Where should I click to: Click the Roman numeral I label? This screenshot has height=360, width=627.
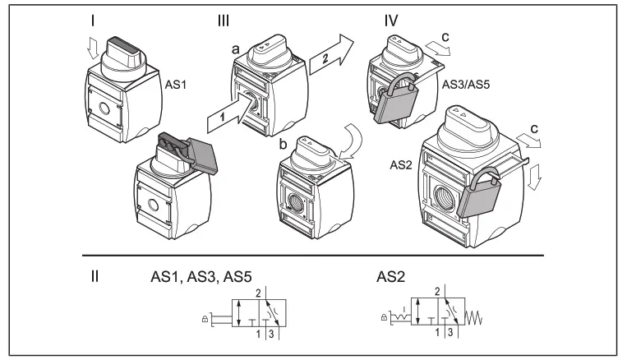95,19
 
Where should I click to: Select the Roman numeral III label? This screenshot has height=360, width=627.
223,19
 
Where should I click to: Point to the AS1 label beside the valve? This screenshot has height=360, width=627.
168,85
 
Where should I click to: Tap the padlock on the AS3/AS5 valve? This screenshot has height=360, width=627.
392,104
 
